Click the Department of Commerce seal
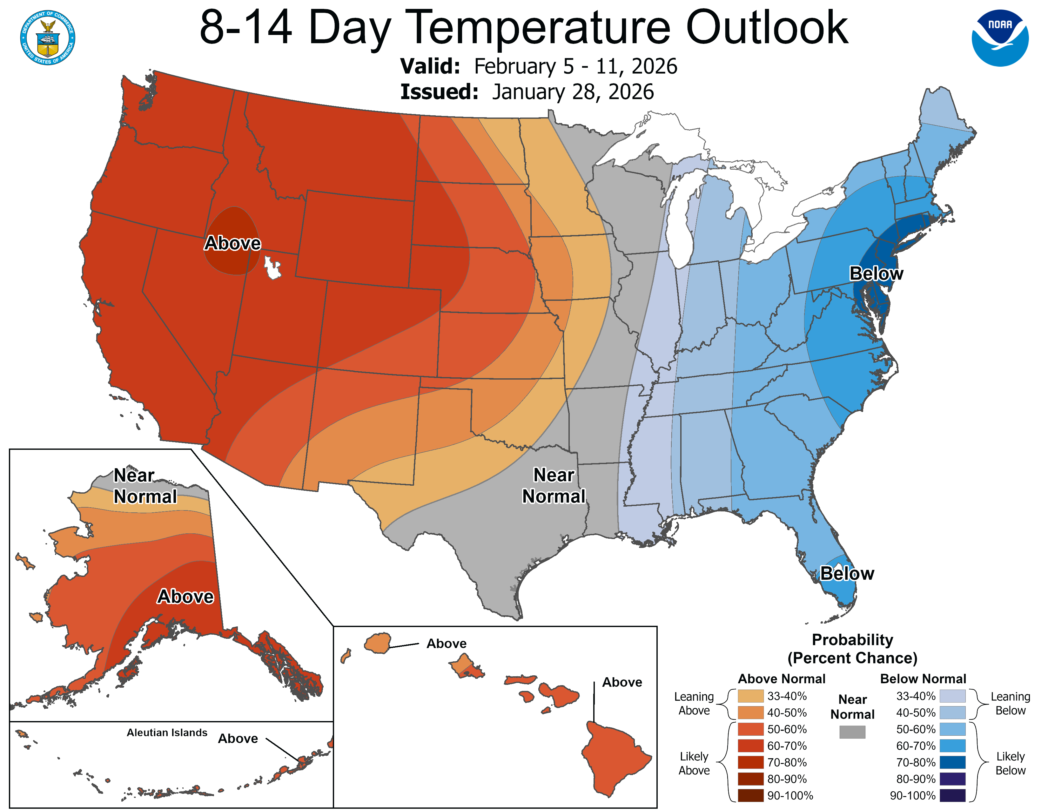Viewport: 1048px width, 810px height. [48, 37]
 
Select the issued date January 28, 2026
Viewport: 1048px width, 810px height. [573, 92]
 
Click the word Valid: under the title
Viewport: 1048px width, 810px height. [430, 66]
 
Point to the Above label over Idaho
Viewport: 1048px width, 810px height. [233, 243]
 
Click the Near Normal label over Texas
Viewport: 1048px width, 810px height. [554, 486]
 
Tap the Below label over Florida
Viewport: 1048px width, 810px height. [847, 573]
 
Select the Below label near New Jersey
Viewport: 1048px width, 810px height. [876, 273]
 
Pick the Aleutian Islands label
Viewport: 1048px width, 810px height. [167, 732]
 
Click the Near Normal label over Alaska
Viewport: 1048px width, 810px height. [145, 486]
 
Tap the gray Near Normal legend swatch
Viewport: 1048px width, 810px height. [852, 732]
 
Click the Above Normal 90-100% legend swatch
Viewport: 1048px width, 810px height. [750, 795]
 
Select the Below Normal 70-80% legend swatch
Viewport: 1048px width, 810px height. [952, 762]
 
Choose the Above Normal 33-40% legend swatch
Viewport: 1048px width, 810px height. [750, 696]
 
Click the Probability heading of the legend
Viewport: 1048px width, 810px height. [852, 640]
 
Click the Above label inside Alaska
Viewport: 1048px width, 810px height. [185, 597]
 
